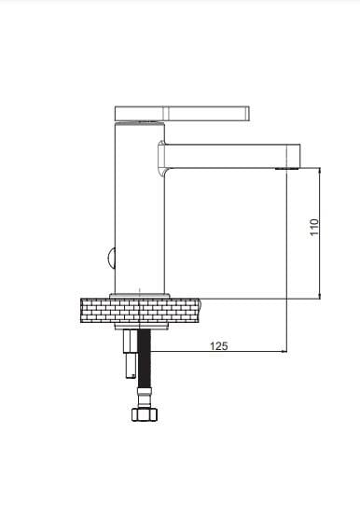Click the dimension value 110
(314, 227)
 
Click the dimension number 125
(219, 346)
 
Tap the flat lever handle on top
(182, 113)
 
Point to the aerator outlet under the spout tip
(286, 169)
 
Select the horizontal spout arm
(231, 156)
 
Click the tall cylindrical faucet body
(139, 208)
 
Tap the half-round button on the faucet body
(111, 258)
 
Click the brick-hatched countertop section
(141, 310)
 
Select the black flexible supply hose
(145, 358)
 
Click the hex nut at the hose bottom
(145, 414)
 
